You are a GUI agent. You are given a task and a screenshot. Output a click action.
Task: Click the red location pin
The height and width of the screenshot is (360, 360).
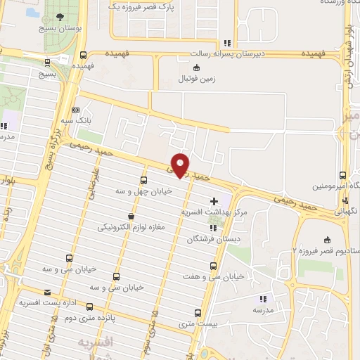[x=181, y=164]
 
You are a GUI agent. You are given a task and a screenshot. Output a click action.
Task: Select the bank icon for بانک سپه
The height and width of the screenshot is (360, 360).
[x=76, y=110]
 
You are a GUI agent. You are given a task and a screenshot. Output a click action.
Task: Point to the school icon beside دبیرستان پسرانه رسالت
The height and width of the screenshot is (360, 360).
[x=226, y=43]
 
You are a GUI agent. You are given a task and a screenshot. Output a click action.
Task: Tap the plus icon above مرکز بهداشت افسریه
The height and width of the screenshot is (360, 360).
[x=214, y=202]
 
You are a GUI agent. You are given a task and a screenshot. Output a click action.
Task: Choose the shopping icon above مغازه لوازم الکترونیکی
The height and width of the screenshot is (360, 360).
[x=130, y=217]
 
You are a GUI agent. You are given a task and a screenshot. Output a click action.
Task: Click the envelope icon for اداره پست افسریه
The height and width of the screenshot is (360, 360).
[x=47, y=292]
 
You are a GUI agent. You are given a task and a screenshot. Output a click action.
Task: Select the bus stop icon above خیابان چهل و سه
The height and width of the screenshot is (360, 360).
[x=144, y=180]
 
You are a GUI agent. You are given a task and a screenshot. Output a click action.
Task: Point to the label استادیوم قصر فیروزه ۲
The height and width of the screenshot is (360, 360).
[x=323, y=251]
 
